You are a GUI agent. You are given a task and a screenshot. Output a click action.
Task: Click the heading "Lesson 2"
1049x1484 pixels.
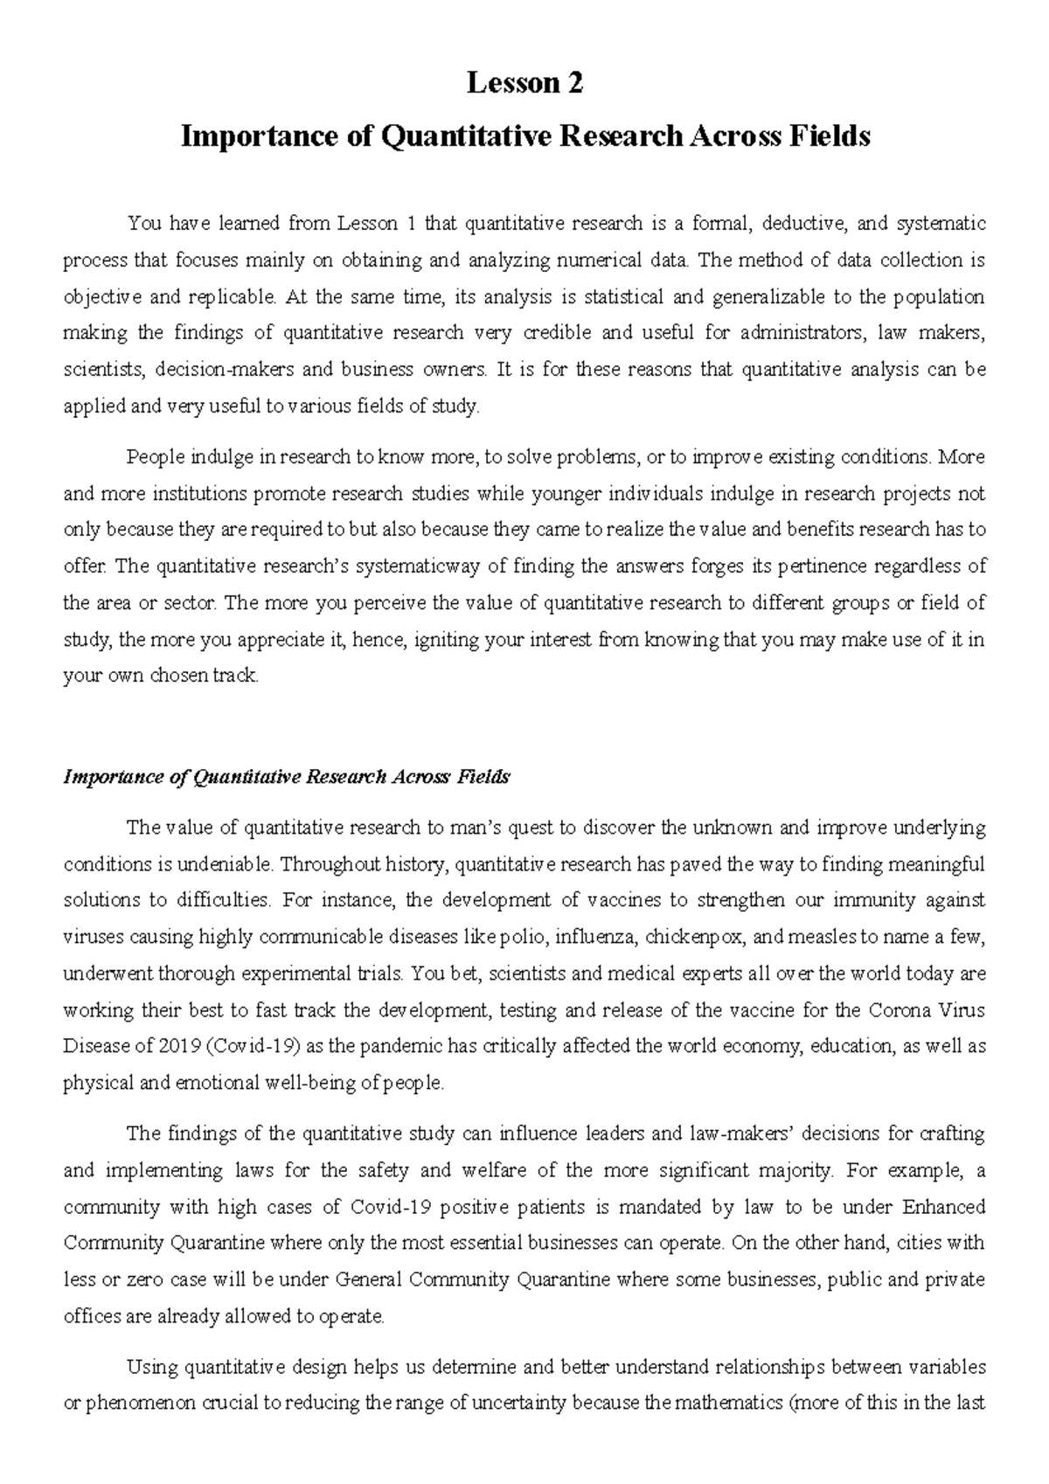tap(524, 84)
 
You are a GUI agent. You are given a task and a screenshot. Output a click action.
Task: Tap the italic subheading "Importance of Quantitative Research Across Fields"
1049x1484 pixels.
tap(287, 777)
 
